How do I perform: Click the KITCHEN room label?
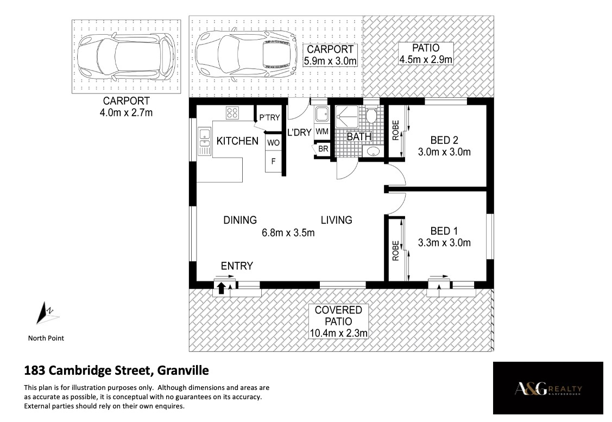click(x=237, y=141)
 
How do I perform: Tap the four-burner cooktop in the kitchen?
click(x=232, y=113)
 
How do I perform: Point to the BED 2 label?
click(x=444, y=140)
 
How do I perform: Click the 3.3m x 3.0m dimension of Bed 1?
click(x=444, y=243)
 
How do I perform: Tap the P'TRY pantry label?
click(x=269, y=117)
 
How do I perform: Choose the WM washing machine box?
click(x=322, y=131)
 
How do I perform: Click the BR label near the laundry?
click(x=323, y=149)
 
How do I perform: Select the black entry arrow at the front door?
click(x=222, y=288)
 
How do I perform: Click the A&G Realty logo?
click(x=548, y=388)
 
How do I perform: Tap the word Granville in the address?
click(x=182, y=370)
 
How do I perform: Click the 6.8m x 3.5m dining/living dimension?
click(x=288, y=233)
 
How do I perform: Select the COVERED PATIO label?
click(x=338, y=316)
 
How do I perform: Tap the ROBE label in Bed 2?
click(x=396, y=130)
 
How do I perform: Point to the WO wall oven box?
click(x=273, y=143)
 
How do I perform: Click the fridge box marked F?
click(x=273, y=161)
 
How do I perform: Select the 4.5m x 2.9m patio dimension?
click(x=426, y=59)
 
